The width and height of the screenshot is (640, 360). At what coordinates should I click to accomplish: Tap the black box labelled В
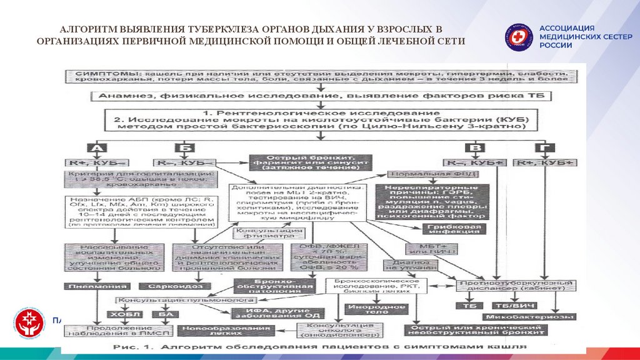coord(477,148)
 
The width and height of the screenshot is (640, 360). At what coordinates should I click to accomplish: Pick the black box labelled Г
coord(541,148)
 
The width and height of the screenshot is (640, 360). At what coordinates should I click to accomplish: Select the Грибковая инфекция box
coord(454,228)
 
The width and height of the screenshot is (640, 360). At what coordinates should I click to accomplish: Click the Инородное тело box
coord(369,307)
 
